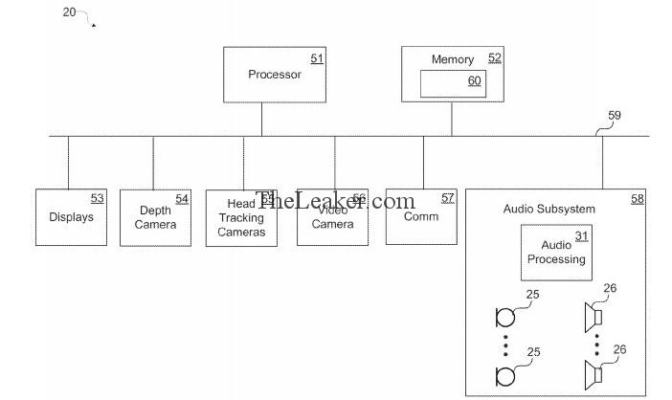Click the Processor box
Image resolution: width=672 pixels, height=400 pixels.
[275, 75]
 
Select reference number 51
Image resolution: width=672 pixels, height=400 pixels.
[316, 59]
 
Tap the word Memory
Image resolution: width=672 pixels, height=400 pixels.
[453, 59]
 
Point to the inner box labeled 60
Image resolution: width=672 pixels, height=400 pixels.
[453, 82]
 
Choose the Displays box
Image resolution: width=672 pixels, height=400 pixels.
[71, 217]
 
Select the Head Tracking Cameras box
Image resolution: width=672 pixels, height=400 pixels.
[241, 218]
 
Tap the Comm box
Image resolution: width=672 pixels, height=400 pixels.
[422, 216]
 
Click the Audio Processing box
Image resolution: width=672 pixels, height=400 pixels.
[556, 252]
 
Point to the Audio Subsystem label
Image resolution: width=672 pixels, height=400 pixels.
[549, 209]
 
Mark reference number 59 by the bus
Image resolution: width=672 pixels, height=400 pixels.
[614, 116]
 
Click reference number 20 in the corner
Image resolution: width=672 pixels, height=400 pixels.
[69, 11]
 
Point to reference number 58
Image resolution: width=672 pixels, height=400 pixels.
[637, 199]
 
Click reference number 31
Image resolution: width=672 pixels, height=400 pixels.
[581, 235]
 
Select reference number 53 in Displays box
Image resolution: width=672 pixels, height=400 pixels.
[97, 198]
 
